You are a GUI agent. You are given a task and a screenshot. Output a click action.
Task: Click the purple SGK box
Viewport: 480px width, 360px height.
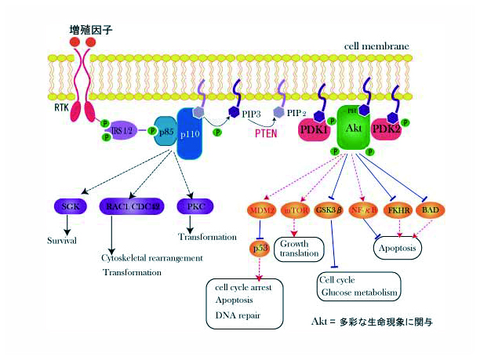point(71,205)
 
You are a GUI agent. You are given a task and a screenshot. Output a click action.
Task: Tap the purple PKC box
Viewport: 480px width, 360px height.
point(195,205)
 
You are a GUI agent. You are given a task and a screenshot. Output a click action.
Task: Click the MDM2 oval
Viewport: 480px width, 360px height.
point(262,211)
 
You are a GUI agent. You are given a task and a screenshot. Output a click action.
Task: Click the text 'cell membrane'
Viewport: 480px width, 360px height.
point(376,45)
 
